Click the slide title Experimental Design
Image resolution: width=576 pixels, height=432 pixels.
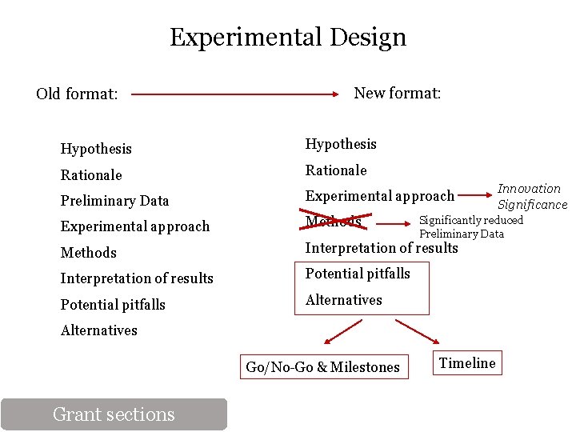[288, 37]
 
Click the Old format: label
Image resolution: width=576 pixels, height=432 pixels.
[77, 94]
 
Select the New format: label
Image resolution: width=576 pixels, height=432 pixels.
[397, 93]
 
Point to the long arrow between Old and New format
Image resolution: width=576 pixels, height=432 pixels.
[235, 94]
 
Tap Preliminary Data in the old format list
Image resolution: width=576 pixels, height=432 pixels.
[114, 201]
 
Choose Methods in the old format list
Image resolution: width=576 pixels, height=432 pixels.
[89, 253]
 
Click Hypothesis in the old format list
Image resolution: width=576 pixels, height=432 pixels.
[96, 149]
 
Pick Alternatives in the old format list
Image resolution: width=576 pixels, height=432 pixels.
[99, 330]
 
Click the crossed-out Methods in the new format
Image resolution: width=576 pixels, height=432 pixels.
[334, 221]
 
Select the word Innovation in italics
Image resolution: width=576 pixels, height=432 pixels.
[529, 189]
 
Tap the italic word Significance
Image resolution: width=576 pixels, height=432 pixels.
[532, 205]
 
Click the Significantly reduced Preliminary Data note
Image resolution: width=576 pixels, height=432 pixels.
[471, 226]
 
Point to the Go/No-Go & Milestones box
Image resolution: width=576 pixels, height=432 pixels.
[322, 367]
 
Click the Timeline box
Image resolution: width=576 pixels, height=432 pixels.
[467, 363]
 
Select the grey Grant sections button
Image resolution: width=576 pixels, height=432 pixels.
[114, 414]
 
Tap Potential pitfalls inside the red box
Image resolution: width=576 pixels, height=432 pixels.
[358, 274]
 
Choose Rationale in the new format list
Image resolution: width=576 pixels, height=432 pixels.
[336, 170]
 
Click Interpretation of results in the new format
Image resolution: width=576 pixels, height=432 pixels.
[382, 248]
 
